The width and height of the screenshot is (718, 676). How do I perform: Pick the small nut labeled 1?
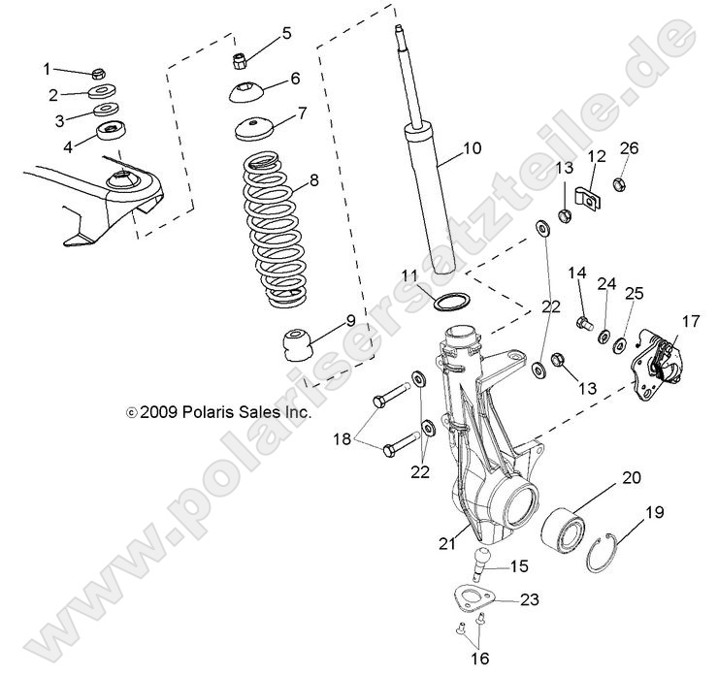(x=98, y=73)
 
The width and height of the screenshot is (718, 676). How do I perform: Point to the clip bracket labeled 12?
(x=586, y=198)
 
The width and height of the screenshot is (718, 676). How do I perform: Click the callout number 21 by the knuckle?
(x=446, y=544)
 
